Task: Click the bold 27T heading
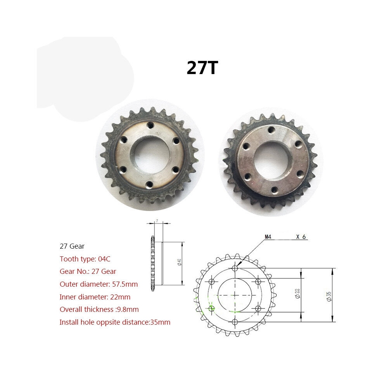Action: click(x=202, y=67)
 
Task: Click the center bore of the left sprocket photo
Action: click(x=150, y=155)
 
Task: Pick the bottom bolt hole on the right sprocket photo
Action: click(x=275, y=190)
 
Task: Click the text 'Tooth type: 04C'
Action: click(x=85, y=259)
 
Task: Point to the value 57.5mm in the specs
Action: click(x=125, y=284)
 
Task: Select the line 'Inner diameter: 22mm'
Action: click(x=95, y=297)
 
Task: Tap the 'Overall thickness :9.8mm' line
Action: click(x=99, y=309)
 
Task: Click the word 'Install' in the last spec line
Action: click(x=69, y=322)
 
